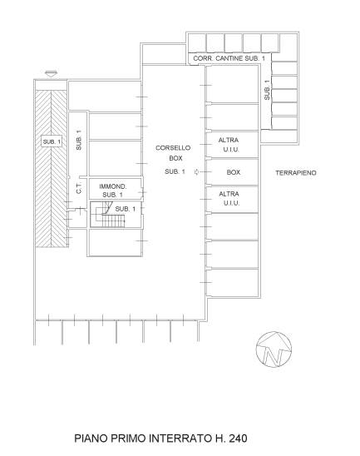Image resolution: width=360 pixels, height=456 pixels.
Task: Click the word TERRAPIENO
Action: [296, 173]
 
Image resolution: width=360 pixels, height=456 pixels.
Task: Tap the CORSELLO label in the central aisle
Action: [173, 148]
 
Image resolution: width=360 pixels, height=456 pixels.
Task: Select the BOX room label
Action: [234, 172]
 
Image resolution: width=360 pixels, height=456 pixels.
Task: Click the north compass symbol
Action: [274, 349]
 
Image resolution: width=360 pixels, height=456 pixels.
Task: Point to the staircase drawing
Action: [109, 215]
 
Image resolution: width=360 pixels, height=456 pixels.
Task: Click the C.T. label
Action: [79, 188]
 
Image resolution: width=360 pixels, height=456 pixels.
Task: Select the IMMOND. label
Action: [113, 186]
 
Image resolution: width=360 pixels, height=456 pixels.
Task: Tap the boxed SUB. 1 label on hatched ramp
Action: [52, 141]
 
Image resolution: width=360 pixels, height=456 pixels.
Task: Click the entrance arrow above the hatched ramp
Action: [52, 73]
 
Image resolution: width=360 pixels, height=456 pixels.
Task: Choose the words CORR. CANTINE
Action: [218, 58]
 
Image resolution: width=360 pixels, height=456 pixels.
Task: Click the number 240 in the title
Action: [239, 438]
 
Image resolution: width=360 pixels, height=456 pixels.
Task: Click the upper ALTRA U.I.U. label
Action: [229, 145]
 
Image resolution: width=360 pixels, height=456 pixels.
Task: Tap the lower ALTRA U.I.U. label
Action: [229, 198]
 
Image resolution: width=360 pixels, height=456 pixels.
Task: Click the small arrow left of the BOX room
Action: [197, 172]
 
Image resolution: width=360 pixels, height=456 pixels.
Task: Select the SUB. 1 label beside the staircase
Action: [126, 209]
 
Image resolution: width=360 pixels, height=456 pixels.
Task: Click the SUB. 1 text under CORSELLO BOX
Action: [175, 171]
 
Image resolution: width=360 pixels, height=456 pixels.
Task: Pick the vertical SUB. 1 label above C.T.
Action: [79, 140]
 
